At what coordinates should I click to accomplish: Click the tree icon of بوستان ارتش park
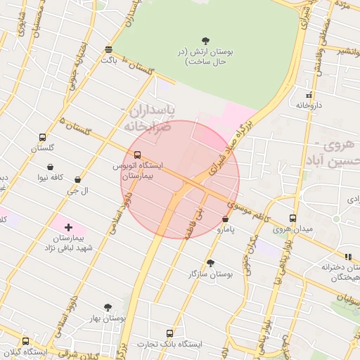[205, 41]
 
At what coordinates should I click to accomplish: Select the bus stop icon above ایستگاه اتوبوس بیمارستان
[138, 155]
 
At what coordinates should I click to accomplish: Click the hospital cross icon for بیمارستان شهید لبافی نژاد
[68, 227]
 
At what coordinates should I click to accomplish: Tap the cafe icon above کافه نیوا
[51, 167]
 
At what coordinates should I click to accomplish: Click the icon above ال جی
[77, 180]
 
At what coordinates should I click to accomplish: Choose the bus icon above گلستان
[43, 138]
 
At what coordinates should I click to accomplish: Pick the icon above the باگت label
[108, 49]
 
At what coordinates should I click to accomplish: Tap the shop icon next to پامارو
[225, 219]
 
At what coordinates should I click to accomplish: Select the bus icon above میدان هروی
[292, 219]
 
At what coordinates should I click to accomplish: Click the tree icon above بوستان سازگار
[210, 263]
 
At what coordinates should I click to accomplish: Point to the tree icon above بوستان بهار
[107, 307]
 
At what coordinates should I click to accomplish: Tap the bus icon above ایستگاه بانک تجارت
[169, 333]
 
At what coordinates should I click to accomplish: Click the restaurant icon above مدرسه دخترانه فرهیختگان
[347, 257]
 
